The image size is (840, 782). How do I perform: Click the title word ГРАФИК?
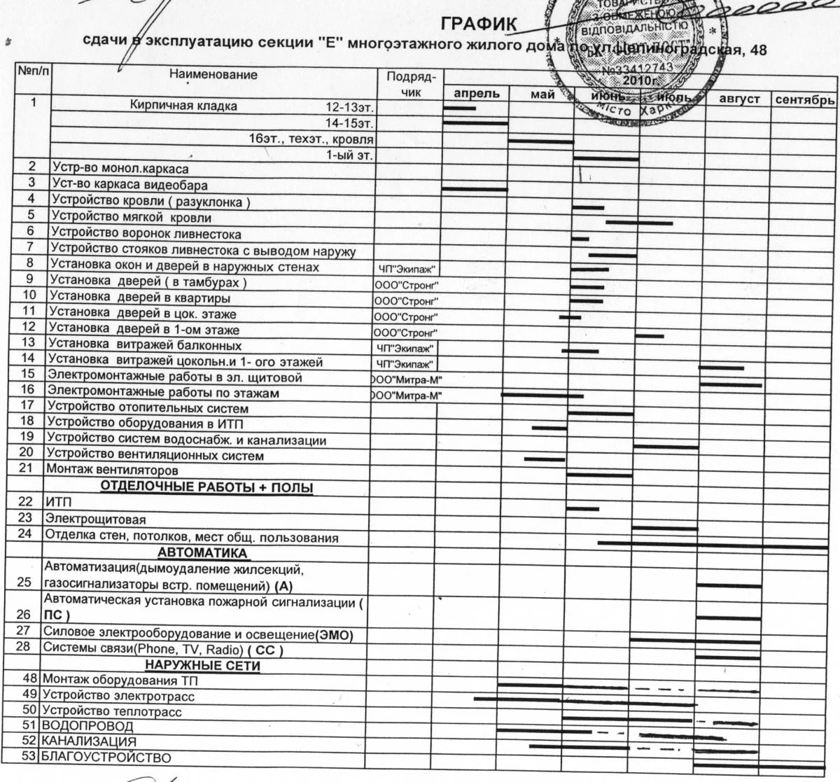tap(479, 25)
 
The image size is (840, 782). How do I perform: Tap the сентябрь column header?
tap(805, 100)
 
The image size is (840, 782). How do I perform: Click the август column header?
tap(739, 100)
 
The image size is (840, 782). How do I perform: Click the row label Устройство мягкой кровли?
tap(132, 218)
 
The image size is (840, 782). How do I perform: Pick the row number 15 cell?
tap(28, 375)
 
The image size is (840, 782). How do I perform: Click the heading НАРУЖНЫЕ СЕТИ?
tap(202, 665)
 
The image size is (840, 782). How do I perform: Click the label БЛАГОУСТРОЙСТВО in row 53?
tap(106, 757)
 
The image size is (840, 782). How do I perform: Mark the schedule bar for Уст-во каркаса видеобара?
tap(475, 189)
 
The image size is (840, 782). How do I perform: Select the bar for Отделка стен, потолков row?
tap(700, 544)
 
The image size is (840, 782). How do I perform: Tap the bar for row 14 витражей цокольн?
tap(721, 366)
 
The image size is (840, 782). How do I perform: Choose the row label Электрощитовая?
tap(95, 520)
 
